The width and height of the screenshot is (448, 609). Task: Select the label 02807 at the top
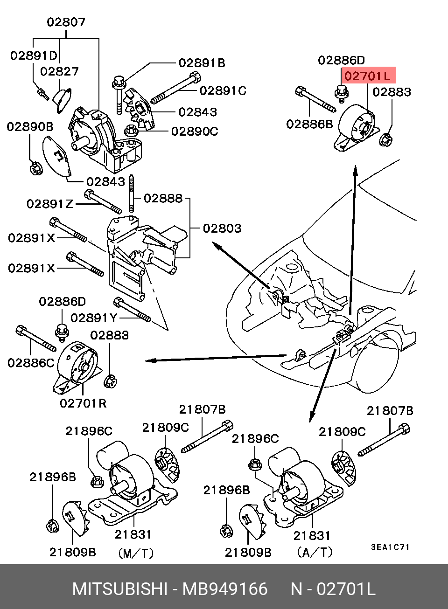(x=66, y=21)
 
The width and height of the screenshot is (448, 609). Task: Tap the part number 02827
(x=59, y=71)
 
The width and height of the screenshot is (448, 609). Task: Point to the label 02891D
(x=34, y=55)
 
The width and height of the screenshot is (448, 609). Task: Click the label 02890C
(x=195, y=131)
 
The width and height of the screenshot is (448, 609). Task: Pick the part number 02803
(x=222, y=228)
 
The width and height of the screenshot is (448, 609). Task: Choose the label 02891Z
(x=50, y=204)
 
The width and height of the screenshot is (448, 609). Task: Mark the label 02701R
(x=83, y=402)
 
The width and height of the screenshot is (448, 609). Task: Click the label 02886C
(x=31, y=362)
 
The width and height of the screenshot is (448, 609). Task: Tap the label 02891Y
(x=94, y=318)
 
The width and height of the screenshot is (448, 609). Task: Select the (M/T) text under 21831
(x=136, y=554)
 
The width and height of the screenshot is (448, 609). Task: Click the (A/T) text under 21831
(x=315, y=553)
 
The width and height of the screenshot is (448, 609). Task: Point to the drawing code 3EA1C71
(x=390, y=547)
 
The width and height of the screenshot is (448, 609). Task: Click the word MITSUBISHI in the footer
(x=119, y=589)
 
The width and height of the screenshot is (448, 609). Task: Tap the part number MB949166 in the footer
(x=225, y=589)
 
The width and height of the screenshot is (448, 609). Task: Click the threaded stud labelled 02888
(x=132, y=193)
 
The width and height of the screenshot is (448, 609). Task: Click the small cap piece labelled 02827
(x=61, y=99)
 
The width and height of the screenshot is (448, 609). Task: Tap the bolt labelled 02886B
(x=315, y=100)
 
